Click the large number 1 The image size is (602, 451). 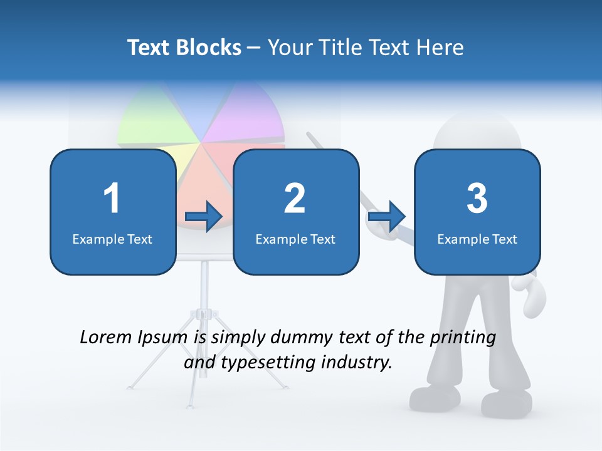[112, 199]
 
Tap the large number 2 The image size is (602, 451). [295, 199]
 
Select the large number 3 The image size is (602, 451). [477, 199]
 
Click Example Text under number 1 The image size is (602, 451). [112, 239]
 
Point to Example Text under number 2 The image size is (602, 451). [295, 239]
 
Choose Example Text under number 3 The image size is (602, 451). [477, 239]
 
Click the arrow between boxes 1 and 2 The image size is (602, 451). [204, 217]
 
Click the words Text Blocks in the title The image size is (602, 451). [184, 48]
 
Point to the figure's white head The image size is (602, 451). [477, 128]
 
